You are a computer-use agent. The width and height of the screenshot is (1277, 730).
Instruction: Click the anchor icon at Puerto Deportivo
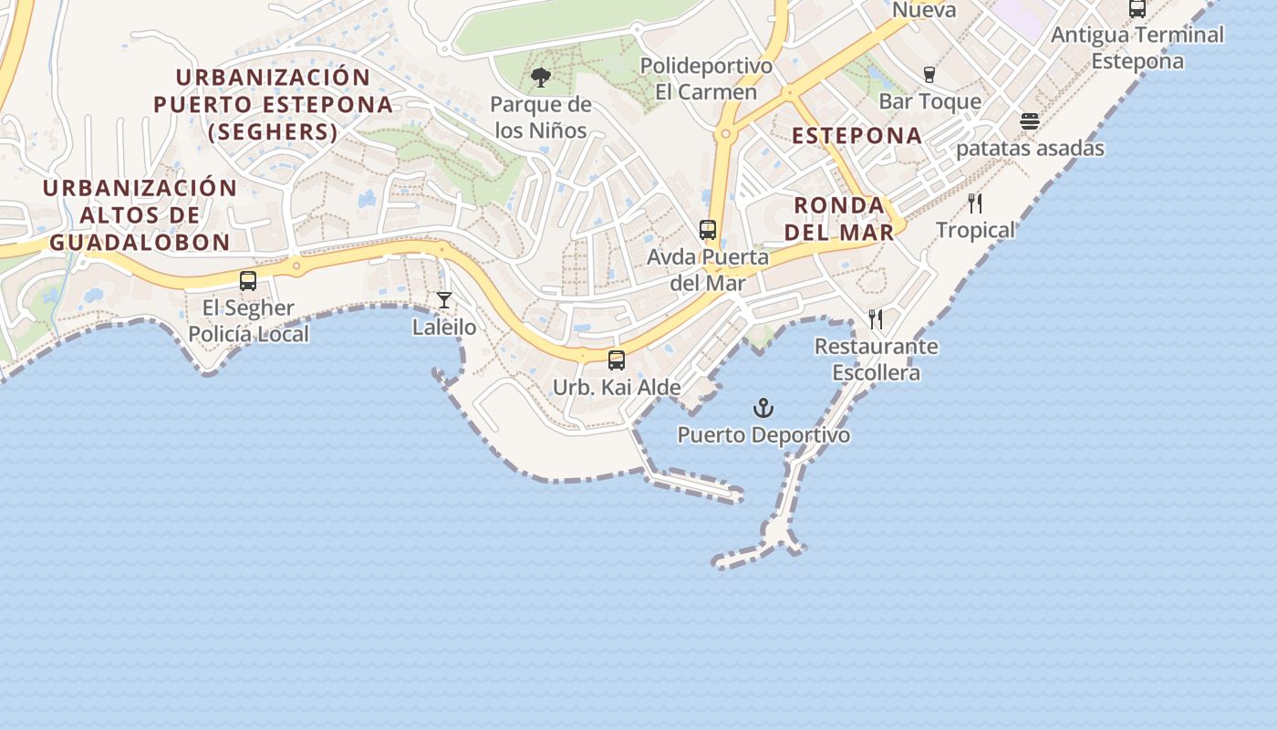click(763, 408)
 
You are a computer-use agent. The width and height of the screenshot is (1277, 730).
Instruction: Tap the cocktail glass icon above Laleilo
click(444, 300)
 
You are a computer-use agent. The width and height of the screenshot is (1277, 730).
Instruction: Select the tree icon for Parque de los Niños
click(541, 78)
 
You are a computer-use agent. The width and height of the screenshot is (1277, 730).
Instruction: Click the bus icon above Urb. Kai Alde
click(617, 360)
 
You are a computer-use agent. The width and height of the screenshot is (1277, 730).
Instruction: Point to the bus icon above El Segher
click(248, 281)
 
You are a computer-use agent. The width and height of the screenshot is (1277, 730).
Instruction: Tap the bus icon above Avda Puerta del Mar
click(708, 230)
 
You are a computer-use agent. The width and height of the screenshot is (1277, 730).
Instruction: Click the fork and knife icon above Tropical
click(975, 203)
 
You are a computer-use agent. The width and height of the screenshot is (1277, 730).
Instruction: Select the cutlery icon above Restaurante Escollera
click(876, 319)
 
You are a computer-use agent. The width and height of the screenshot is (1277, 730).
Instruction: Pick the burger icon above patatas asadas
click(1030, 121)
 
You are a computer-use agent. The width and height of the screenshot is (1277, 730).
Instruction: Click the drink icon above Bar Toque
click(929, 75)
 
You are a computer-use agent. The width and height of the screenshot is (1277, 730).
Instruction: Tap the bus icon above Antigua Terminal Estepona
click(1137, 9)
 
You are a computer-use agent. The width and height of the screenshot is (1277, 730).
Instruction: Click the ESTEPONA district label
click(857, 136)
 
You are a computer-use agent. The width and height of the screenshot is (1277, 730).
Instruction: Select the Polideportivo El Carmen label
click(706, 78)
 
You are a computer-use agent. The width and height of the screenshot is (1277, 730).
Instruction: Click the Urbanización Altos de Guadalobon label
click(140, 215)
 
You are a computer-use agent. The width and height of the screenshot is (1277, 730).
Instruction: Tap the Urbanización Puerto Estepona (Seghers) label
click(274, 105)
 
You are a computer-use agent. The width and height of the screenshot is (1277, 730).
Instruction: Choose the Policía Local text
click(249, 334)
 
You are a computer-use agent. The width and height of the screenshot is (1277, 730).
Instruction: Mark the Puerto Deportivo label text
click(763, 435)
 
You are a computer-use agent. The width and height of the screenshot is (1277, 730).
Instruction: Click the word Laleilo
click(444, 327)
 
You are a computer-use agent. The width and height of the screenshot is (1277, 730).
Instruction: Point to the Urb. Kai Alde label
click(617, 388)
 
